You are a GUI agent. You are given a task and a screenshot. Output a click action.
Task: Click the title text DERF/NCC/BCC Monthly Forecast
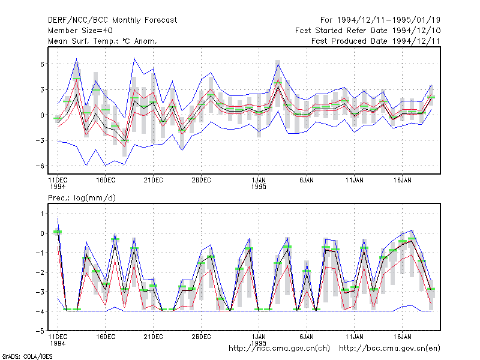click(112, 20)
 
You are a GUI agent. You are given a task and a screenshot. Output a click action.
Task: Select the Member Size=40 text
click(80, 31)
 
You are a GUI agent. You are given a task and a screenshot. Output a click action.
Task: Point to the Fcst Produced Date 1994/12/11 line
click(376, 41)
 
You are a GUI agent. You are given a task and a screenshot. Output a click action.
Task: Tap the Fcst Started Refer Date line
click(368, 31)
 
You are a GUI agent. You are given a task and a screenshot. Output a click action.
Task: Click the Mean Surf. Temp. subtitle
click(103, 41)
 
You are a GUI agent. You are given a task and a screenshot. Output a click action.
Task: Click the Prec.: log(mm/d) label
click(82, 198)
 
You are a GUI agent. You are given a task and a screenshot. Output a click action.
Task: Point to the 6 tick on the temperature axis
click(42, 64)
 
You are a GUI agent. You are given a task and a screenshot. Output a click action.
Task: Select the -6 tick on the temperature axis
click(40, 166)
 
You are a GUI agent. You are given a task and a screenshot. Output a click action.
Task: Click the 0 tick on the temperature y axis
click(42, 115)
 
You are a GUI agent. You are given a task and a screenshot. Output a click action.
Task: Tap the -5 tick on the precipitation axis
click(40, 331)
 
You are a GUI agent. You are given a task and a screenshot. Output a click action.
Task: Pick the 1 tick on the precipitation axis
click(42, 214)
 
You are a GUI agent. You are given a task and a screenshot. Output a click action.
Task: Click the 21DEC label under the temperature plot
click(154, 181)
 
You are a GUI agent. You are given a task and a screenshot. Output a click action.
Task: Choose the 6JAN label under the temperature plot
click(307, 181)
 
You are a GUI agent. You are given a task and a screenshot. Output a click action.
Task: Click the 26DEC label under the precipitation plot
click(201, 337)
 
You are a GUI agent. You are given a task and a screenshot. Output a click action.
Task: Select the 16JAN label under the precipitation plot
click(402, 337)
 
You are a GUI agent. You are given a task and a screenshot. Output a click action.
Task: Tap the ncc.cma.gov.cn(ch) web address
click(279, 349)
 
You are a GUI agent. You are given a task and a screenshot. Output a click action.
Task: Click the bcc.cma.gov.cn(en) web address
click(389, 349)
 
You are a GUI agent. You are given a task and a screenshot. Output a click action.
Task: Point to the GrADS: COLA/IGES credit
click(27, 356)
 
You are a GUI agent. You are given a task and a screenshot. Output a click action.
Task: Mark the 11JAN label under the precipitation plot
click(355, 337)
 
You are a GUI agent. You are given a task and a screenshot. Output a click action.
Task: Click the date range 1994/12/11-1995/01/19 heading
click(380, 20)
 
